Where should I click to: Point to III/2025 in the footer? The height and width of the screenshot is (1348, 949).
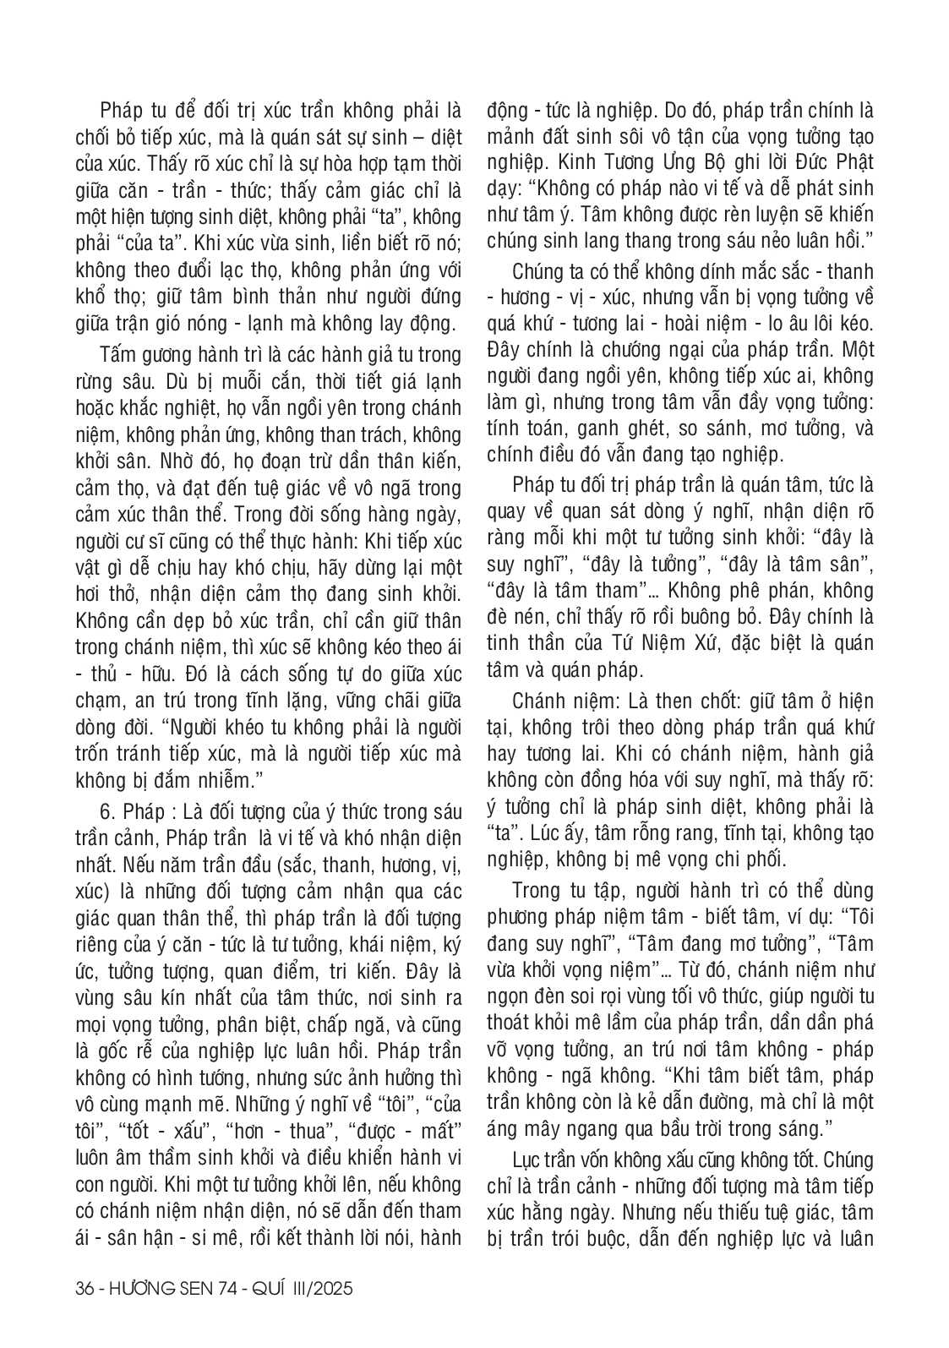(319, 1290)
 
